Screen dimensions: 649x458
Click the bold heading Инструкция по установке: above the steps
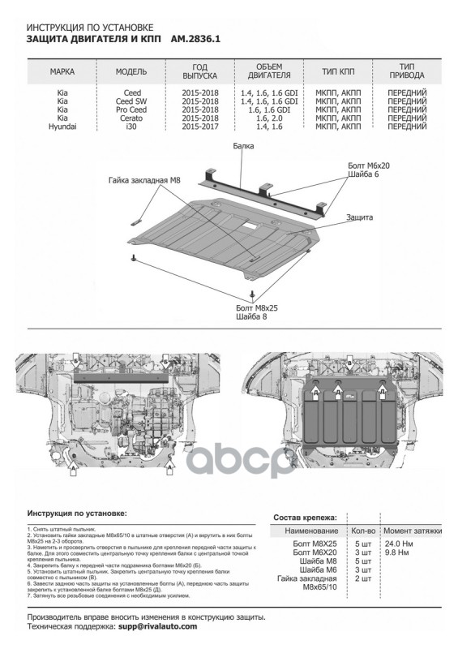point(76,514)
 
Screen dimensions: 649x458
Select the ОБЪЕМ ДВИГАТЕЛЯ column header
point(268,71)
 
